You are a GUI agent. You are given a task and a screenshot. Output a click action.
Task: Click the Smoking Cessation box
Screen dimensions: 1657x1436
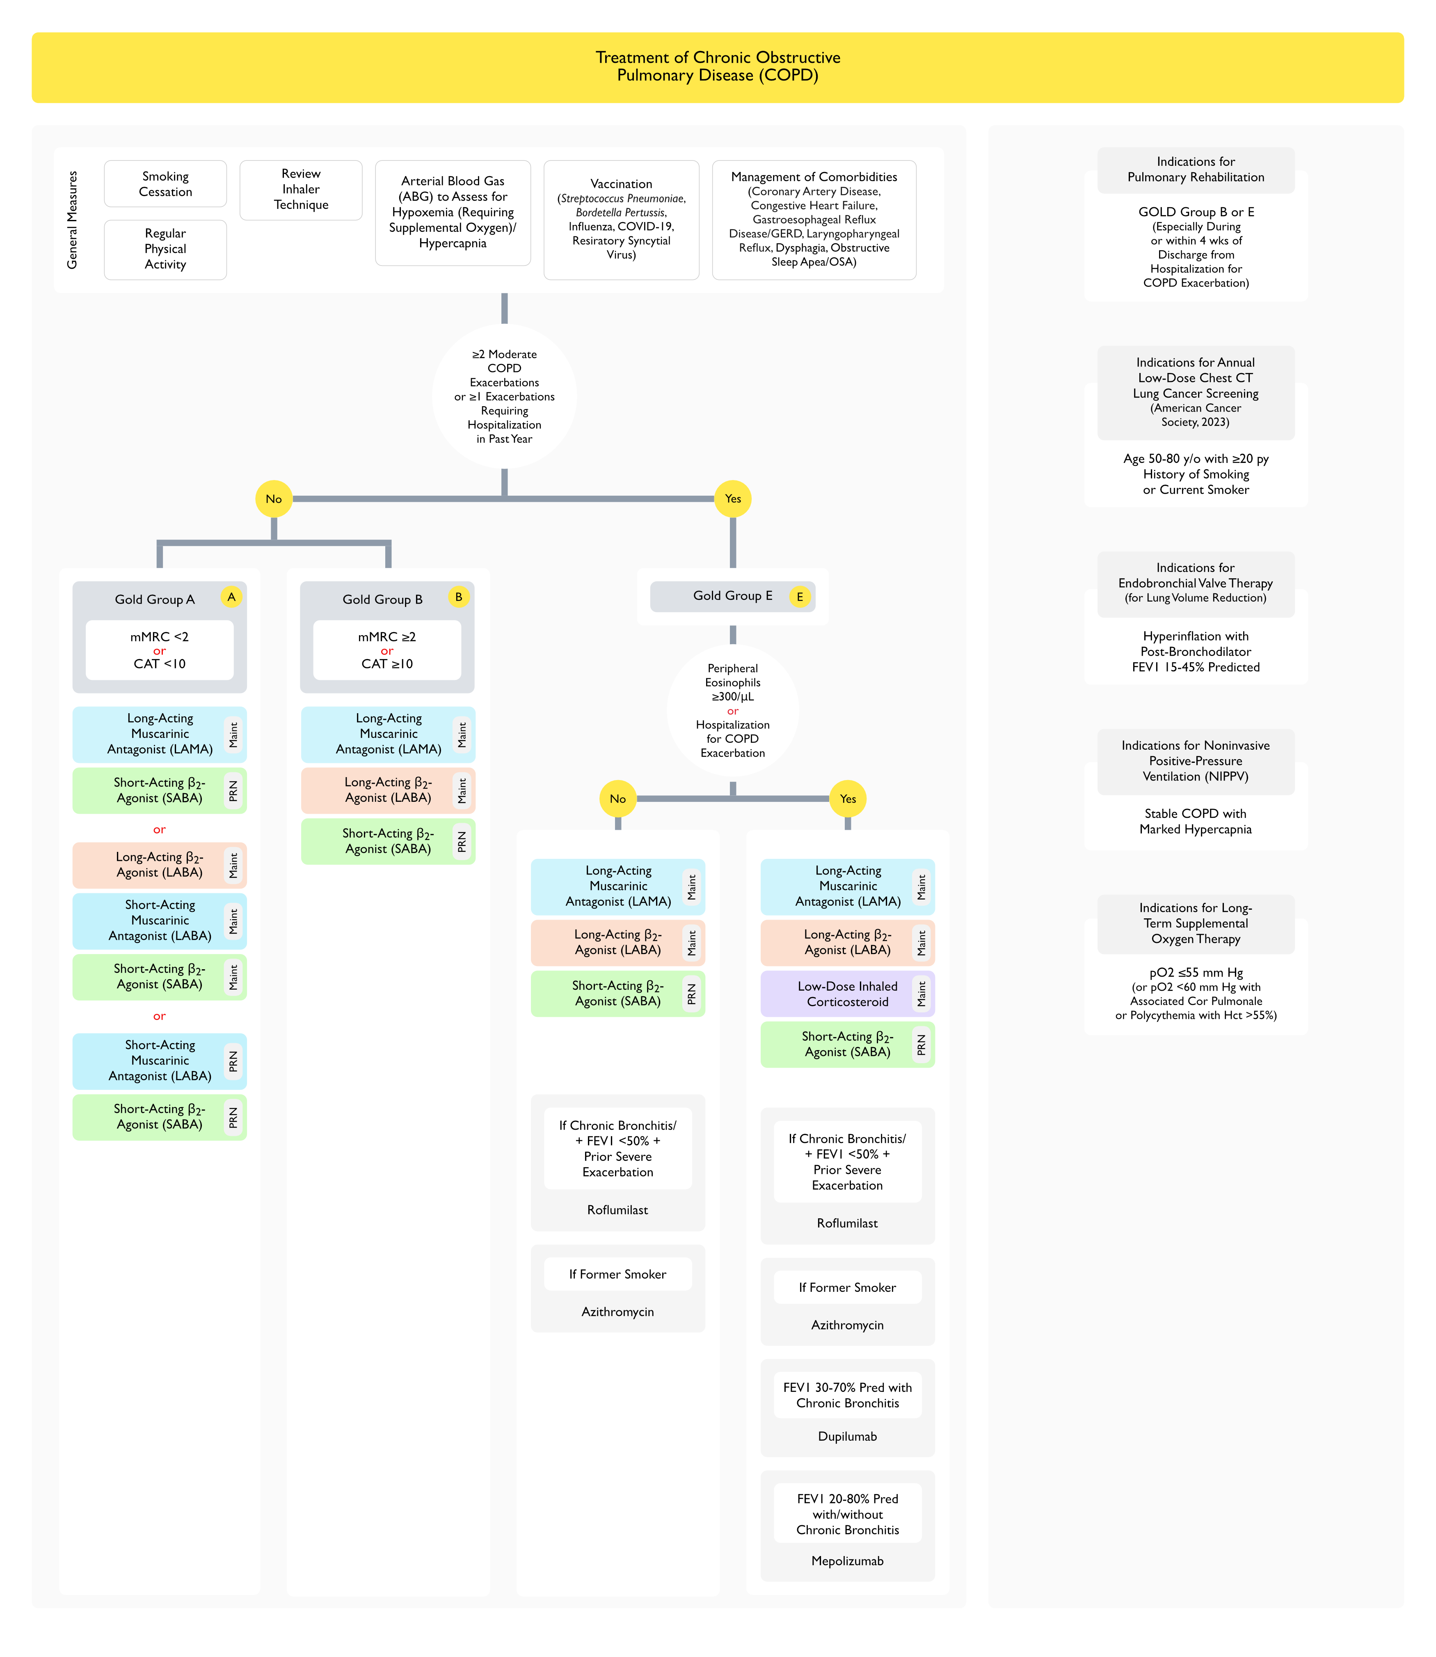tap(165, 183)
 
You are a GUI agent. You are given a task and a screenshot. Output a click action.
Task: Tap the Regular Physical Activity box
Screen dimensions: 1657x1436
tap(165, 249)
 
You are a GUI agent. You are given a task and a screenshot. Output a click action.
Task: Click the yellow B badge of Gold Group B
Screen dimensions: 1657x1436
tap(458, 597)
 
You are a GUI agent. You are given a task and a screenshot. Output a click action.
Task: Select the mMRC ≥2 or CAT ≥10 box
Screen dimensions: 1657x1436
tap(387, 650)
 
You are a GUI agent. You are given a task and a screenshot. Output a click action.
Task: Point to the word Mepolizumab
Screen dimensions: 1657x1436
tap(847, 1561)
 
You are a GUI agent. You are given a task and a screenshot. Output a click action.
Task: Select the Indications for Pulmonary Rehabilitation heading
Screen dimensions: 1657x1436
tap(1196, 170)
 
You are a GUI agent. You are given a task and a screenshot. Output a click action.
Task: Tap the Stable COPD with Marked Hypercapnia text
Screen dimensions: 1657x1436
tap(1196, 821)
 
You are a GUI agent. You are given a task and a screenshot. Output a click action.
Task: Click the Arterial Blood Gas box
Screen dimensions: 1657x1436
tap(453, 212)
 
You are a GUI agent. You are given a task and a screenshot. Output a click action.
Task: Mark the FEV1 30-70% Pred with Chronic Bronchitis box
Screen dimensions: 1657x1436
tap(847, 1395)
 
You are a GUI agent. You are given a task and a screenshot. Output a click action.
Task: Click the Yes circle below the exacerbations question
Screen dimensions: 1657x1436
tap(732, 499)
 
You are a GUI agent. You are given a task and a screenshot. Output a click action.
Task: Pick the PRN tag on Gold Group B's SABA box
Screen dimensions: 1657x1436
tap(462, 841)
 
